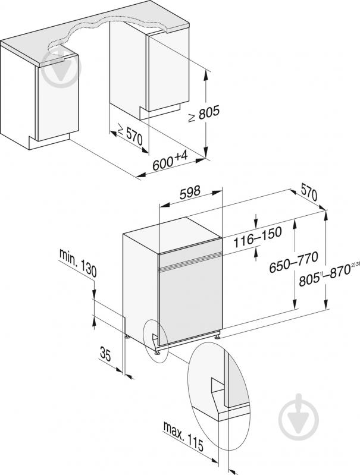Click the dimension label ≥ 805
(204, 114)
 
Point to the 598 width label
(190, 192)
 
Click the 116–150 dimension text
(258, 236)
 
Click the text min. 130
(78, 263)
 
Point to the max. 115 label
(183, 435)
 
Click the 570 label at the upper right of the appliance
(309, 192)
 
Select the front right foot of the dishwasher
(217, 336)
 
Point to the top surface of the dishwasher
(172, 234)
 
